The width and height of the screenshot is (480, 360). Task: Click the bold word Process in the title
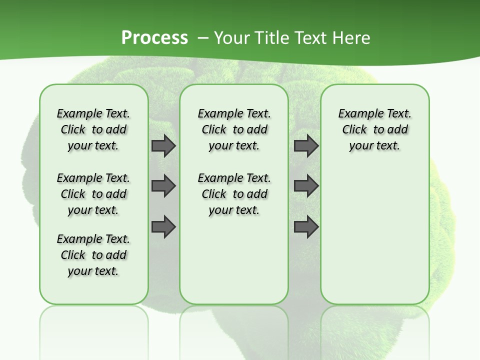[x=154, y=38]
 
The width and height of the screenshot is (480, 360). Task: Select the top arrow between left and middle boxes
[x=163, y=145]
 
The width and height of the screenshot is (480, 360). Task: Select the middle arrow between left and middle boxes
[x=163, y=186]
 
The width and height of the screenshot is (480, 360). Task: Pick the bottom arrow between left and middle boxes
[x=163, y=227]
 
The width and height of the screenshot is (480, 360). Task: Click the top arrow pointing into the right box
[x=306, y=145]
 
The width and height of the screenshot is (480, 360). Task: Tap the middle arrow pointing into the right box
[x=306, y=186]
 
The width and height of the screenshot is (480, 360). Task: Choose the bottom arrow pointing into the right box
[x=306, y=227]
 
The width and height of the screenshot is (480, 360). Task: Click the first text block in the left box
[x=93, y=129]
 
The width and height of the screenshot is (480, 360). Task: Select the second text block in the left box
[x=93, y=194]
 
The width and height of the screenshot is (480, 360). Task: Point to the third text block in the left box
[x=93, y=255]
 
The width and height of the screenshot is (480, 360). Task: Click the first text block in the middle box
[x=234, y=129]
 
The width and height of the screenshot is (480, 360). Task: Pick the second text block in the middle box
[x=234, y=194]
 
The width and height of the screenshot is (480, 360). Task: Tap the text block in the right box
[x=375, y=129]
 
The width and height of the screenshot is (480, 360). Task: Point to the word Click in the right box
[x=354, y=130]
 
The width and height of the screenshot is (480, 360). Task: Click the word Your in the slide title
[x=229, y=38]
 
